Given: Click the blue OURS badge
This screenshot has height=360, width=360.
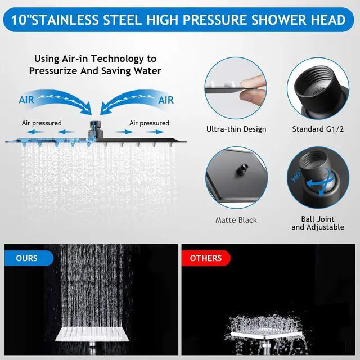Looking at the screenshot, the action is (x=29, y=258).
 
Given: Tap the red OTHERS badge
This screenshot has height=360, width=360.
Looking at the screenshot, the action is (x=206, y=258).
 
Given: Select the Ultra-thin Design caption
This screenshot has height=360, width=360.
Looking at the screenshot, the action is (x=236, y=129).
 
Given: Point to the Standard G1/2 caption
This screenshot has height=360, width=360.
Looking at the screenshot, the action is (x=318, y=129).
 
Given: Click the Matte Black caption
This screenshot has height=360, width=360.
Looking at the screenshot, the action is (x=236, y=220).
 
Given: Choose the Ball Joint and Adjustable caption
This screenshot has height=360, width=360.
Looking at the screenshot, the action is (x=318, y=223).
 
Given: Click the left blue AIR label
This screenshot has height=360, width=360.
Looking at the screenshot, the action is (x=26, y=100).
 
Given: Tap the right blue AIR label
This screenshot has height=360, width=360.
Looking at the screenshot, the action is (x=166, y=100).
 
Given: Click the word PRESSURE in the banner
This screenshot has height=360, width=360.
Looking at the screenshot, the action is (x=215, y=20).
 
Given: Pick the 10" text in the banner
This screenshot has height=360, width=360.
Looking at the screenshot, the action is (x=21, y=20).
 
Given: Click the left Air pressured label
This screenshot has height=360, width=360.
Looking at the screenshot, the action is (x=42, y=123).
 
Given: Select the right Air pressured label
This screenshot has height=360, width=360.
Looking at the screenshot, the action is (x=149, y=123).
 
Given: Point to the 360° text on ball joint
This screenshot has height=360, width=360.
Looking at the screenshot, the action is (x=296, y=176).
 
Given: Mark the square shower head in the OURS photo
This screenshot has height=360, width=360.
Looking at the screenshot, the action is (x=92, y=334).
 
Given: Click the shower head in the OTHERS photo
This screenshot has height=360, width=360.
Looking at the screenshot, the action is (x=265, y=335).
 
